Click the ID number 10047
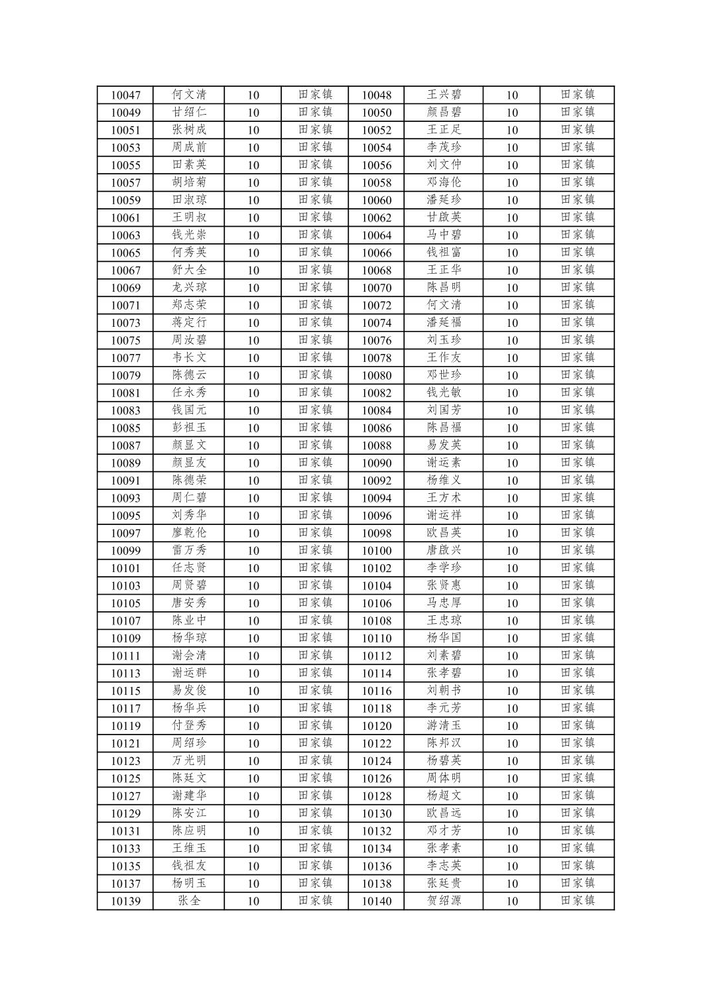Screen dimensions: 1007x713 coord(125,95)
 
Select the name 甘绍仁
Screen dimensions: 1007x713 coord(189,112)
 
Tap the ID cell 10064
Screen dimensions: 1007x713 coord(376,235)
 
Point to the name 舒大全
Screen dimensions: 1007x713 coord(189,270)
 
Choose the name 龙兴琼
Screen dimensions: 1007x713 coord(189,287)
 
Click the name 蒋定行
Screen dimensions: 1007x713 coord(189,322)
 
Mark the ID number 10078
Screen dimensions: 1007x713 coord(376,358)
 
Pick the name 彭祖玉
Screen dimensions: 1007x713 coord(189,428)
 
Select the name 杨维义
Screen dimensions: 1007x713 coord(444,480)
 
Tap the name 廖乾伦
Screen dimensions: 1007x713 coord(189,532)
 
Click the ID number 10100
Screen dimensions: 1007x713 coord(376,551)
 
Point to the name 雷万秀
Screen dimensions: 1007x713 coord(189,550)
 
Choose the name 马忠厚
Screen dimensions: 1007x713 coord(444,603)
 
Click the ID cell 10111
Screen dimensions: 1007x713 coord(125,656)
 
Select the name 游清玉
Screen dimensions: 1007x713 coord(444,725)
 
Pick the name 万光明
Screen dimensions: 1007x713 coord(189,760)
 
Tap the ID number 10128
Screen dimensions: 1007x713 coord(376,796)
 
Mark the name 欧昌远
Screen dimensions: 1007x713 coord(444,813)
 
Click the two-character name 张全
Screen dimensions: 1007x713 coord(189,900)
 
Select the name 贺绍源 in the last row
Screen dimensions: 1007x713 coord(444,900)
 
